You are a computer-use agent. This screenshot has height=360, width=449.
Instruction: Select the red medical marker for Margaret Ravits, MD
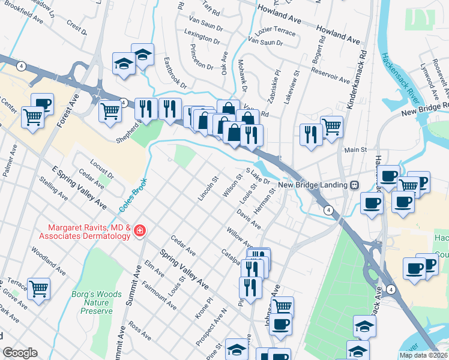[140, 231]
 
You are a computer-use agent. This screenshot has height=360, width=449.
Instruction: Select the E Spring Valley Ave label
[79, 187]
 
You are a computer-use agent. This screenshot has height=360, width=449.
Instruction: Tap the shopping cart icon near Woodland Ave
[38, 289]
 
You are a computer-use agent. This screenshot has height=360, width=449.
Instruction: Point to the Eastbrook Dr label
[175, 73]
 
